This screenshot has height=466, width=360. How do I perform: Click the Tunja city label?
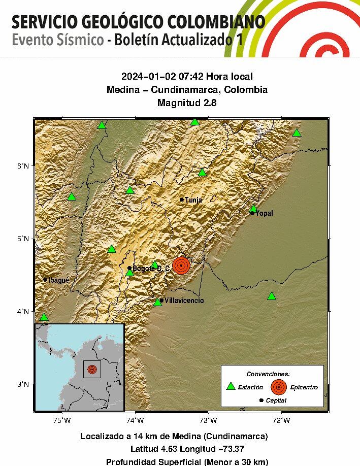point(193,200)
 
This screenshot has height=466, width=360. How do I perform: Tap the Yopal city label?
point(264,213)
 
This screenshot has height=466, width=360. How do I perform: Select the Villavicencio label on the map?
point(184,301)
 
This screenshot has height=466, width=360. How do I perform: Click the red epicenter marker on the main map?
point(181,265)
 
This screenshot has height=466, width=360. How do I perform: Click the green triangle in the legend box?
point(231,386)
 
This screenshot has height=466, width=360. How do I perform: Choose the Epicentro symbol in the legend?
point(278,387)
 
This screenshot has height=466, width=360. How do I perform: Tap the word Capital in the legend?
point(276,401)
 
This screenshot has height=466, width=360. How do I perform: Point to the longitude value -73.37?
point(227,449)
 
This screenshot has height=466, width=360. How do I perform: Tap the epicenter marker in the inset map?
point(92,369)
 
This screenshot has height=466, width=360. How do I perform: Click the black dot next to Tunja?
point(182,199)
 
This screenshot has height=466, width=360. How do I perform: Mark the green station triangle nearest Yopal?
point(253,209)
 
